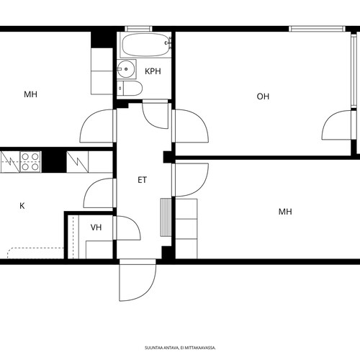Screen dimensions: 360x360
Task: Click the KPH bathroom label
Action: coord(153,71)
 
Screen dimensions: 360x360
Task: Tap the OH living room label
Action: coord(263,96)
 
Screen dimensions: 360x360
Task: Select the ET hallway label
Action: coord(142,180)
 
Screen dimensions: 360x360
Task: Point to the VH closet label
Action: coord(96,228)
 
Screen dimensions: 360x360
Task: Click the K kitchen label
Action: coord(22,206)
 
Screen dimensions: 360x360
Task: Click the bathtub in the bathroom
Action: coord(145,45)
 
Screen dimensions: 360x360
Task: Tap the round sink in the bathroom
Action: coord(126,69)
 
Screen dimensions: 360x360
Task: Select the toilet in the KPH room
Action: coord(130,88)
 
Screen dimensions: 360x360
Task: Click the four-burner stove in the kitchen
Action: coord(30,161)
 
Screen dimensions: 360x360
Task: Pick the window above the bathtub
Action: coord(138,29)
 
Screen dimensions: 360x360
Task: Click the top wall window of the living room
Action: coord(317,29)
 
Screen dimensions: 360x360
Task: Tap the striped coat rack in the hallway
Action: coord(166,217)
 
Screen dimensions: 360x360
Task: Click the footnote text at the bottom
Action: coord(180,348)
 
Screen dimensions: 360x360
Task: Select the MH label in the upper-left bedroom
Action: coord(30,94)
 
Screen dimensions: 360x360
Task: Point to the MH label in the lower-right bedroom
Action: coord(285,212)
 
